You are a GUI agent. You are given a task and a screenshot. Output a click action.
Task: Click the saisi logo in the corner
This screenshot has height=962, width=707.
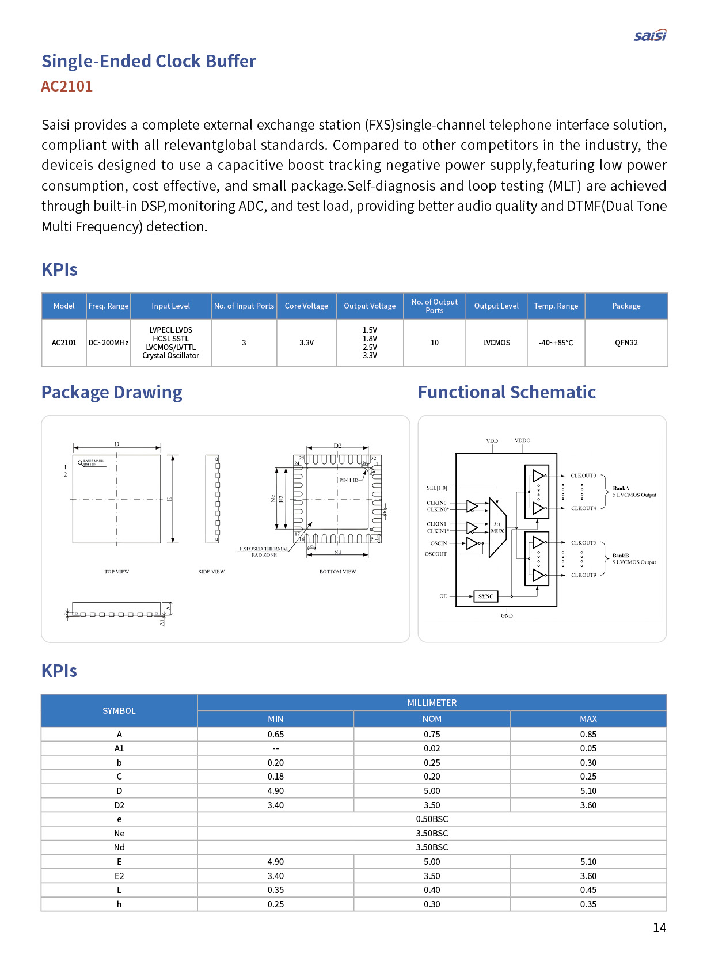(650, 36)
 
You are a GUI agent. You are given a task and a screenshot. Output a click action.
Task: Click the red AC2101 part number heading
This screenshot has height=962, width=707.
(67, 86)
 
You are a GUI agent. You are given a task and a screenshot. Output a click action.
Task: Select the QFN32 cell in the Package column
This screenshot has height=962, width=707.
(626, 343)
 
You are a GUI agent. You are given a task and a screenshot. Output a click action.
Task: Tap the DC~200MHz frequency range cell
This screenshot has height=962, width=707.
(108, 343)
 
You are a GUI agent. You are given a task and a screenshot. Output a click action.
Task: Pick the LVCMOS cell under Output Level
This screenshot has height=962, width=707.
(496, 343)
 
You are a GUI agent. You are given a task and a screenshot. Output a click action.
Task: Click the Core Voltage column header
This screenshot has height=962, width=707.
(306, 306)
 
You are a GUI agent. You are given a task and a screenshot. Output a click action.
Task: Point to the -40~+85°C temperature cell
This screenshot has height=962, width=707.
(556, 343)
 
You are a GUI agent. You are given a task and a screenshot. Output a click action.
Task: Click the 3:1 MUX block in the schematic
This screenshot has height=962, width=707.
(497, 528)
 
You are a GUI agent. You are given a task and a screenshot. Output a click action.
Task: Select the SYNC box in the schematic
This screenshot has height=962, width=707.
(485, 596)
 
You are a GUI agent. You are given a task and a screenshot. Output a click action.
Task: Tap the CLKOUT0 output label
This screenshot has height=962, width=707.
(583, 476)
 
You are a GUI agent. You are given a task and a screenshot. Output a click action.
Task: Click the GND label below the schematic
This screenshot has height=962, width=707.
(507, 616)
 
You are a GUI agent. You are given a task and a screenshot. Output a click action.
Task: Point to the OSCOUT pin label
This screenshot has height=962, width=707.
(436, 554)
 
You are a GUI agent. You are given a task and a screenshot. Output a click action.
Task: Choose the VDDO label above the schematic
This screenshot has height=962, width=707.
(522, 440)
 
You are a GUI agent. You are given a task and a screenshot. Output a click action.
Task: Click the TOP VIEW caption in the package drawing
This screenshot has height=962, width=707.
(117, 572)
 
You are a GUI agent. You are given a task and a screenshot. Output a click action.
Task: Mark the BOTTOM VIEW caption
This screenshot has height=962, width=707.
(337, 572)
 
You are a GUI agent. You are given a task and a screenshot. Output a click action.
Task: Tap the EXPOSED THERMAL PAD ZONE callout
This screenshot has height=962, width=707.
(264, 552)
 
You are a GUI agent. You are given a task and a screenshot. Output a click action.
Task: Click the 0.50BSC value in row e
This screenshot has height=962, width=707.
(432, 819)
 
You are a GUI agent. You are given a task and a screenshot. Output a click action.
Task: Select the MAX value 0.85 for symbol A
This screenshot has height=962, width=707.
(588, 735)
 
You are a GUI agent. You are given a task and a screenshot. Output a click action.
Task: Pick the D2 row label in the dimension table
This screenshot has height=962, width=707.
(119, 805)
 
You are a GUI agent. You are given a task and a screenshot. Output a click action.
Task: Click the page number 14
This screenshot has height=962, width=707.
(659, 927)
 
